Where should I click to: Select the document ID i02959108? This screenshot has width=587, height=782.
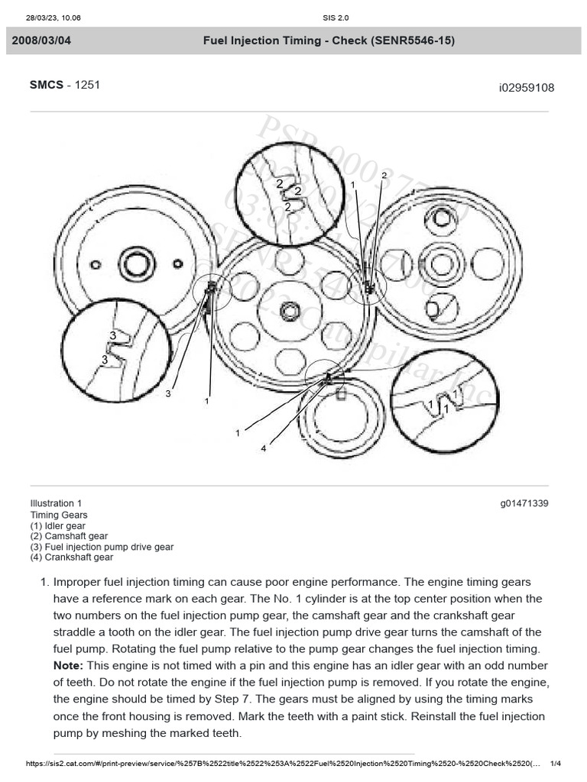pos(527,88)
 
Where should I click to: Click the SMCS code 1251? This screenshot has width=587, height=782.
pos(87,85)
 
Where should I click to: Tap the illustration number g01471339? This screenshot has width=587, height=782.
pos(525,504)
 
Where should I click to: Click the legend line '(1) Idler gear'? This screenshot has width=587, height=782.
pos(58,526)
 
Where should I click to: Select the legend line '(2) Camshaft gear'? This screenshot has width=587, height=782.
pos(69,537)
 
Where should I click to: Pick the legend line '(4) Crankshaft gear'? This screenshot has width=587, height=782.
pos(71,557)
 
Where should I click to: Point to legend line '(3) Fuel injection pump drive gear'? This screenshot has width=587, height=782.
pos(102,547)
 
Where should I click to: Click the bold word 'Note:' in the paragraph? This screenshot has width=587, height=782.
pos(67,666)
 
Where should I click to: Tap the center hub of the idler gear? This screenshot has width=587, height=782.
pos(290,311)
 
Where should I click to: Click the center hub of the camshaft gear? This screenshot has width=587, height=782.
pos(442,264)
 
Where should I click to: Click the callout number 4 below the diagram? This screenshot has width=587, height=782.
pos(264,449)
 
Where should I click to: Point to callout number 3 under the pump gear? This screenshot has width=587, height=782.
pos(168,394)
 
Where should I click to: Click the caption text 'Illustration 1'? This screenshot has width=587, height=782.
pos(56,504)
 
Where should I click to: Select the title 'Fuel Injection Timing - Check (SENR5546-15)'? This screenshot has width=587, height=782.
pos(329,40)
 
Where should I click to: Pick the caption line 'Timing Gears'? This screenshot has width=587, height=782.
pos(59,515)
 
